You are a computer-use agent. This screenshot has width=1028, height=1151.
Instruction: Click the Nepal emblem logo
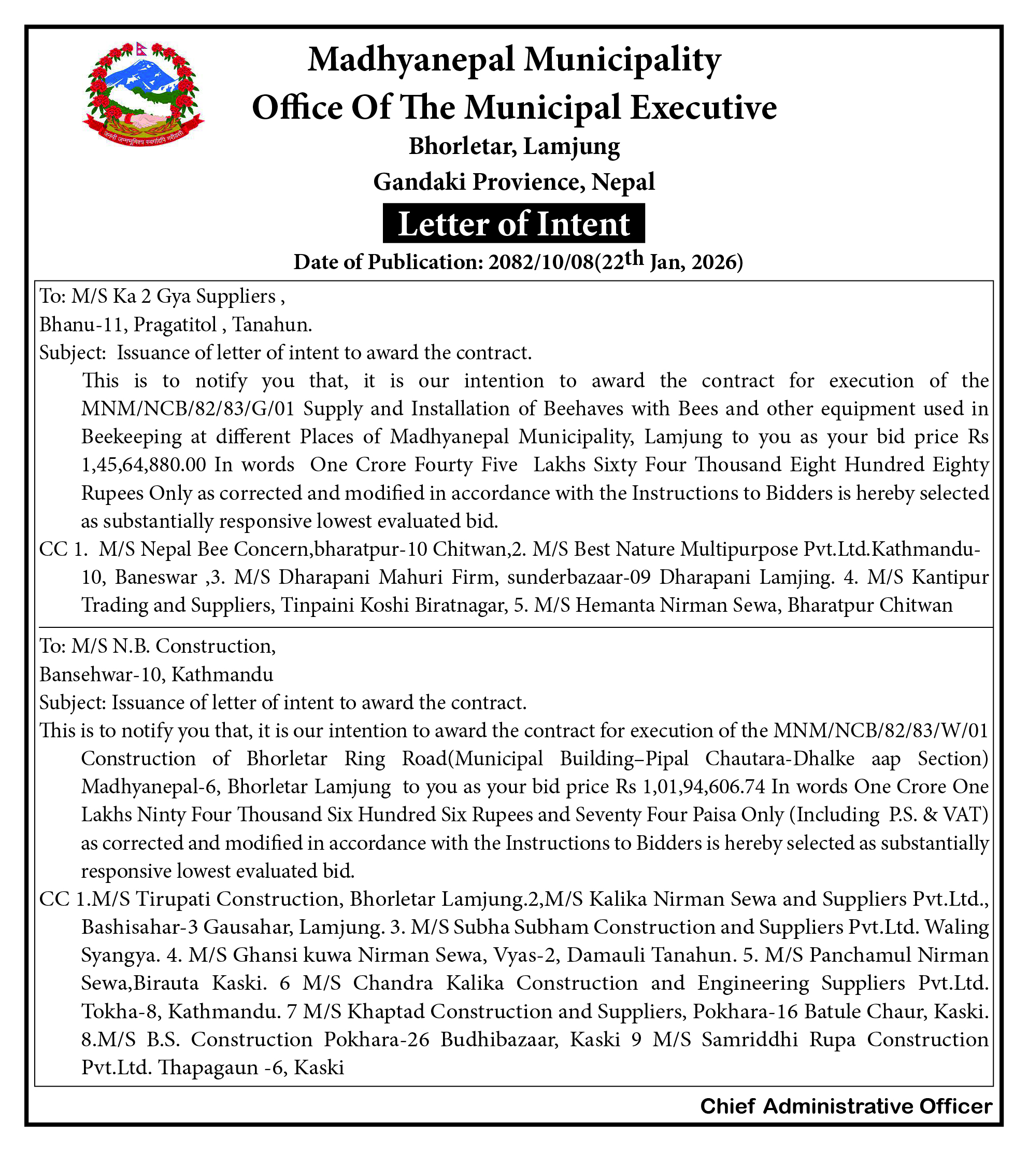(144, 94)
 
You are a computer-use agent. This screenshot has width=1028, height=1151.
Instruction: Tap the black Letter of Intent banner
(513, 224)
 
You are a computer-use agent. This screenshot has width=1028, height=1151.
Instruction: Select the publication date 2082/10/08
(541, 262)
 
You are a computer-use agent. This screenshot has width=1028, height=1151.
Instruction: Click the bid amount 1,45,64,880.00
(144, 465)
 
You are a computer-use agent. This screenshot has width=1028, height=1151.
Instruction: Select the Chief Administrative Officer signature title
(846, 1106)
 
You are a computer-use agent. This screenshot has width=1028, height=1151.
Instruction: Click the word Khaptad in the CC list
(384, 1011)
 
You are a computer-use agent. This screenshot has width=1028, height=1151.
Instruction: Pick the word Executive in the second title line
(703, 107)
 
